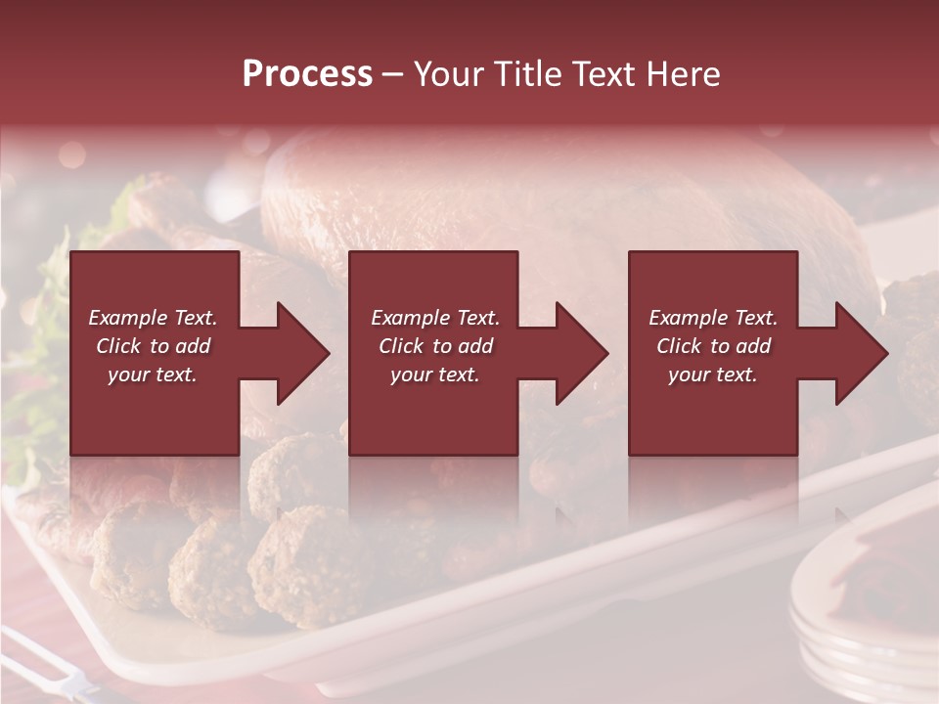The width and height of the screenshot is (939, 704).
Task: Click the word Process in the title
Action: pos(307,74)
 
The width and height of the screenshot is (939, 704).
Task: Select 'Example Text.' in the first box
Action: pos(153,318)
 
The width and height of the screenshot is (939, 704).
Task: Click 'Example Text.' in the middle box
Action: pos(435,318)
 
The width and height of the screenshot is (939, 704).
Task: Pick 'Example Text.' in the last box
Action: pos(713,318)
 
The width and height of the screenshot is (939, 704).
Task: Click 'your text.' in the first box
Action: pos(153,374)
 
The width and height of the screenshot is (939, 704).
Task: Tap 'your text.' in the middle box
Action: pos(435,374)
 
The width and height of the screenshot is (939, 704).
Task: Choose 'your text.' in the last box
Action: pos(713,374)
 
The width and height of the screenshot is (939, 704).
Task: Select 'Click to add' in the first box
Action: pos(153,346)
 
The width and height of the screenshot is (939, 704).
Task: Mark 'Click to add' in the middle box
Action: pos(435,346)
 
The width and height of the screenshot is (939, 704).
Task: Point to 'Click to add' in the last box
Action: pos(713,346)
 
